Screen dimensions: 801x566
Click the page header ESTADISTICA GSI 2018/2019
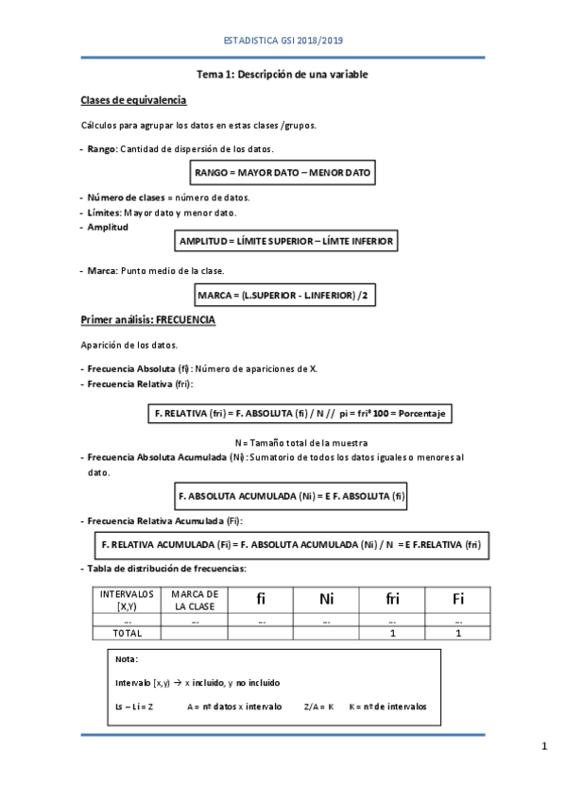[283, 41]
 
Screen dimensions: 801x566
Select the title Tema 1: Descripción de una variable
[283, 74]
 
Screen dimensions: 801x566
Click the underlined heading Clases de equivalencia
[133, 100]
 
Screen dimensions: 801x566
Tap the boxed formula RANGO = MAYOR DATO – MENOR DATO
[283, 173]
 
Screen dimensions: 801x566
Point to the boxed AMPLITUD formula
[285, 242]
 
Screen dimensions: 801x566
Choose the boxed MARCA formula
[283, 296]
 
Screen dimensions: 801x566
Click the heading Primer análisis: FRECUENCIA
[147, 321]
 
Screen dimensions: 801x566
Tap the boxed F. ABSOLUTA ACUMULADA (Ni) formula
[291, 495]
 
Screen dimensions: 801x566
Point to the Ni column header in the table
[326, 599]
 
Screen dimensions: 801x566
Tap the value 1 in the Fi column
[457, 633]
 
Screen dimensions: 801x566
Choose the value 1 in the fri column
[392, 633]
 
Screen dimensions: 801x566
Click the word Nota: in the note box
[126, 659]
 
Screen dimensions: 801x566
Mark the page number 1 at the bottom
[544, 748]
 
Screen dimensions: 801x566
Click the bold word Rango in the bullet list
[102, 149]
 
